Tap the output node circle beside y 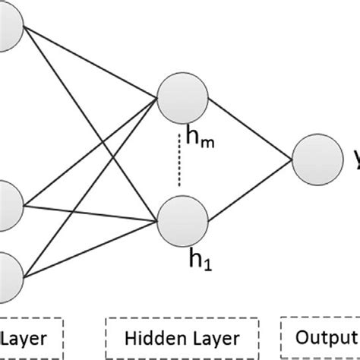pyautogui.click(x=317, y=159)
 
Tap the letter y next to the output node pyautogui.click(x=355, y=159)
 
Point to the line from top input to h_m pyautogui.click(x=91, y=64)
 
